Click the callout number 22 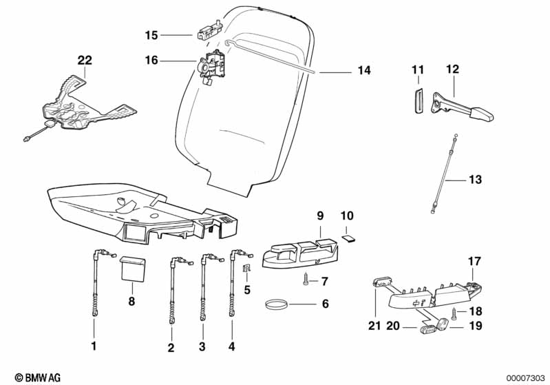(x=85, y=60)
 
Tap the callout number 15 (x=151, y=35)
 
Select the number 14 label (x=364, y=70)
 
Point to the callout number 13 (x=475, y=179)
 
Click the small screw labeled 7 (x=305, y=280)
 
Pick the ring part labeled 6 (x=277, y=304)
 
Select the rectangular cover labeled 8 (x=133, y=269)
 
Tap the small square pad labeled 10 (x=348, y=239)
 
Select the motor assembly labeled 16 (x=211, y=66)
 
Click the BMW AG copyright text (x=38, y=377)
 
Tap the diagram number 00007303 (x=526, y=378)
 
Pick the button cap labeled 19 (x=443, y=324)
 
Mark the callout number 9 (x=320, y=216)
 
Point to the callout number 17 (x=474, y=261)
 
